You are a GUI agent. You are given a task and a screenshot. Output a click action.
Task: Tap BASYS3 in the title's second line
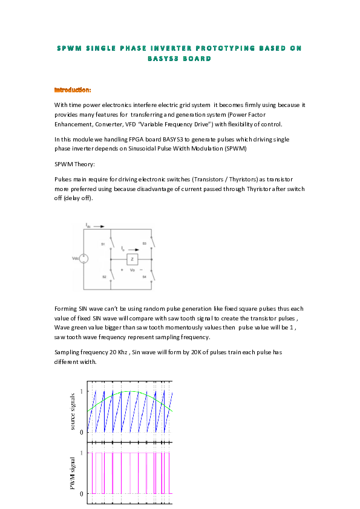165,59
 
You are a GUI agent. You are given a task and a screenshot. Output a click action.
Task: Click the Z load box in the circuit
133,259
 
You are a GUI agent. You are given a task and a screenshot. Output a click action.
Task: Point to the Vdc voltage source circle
83,259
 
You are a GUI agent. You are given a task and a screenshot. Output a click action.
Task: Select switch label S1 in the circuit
103,244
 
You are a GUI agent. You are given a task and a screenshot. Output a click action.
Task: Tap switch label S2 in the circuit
103,276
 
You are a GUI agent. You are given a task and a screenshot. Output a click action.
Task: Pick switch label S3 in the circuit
144,244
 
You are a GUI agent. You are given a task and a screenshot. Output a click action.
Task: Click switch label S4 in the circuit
144,276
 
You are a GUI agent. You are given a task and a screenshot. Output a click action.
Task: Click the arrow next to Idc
99,226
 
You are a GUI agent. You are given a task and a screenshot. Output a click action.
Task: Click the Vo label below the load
133,270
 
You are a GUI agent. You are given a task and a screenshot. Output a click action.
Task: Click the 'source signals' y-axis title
73,411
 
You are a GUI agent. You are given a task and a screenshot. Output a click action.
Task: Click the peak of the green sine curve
129,391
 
